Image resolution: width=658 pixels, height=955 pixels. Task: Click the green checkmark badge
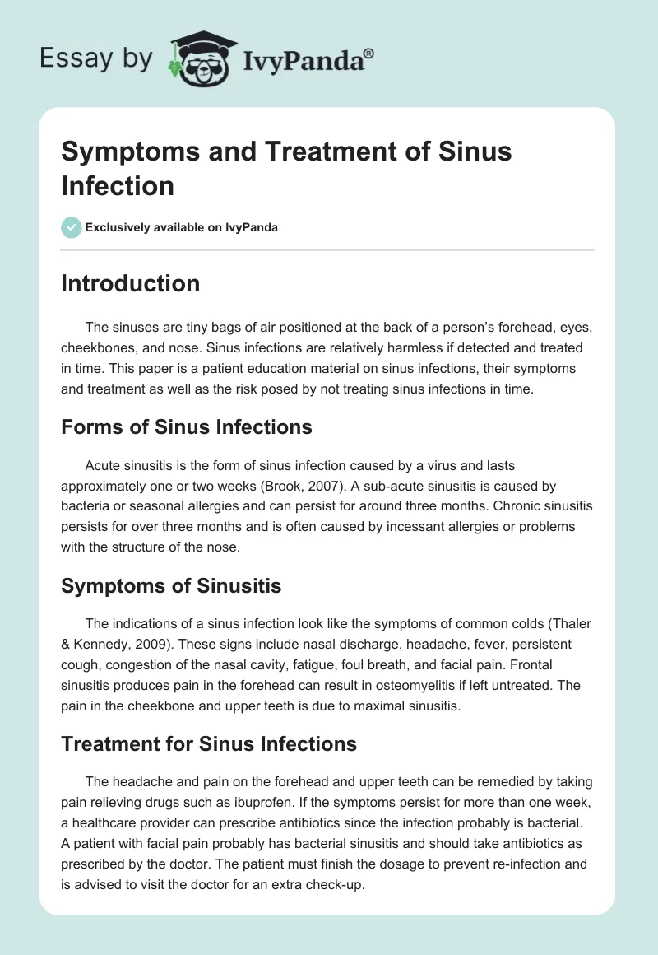point(72,227)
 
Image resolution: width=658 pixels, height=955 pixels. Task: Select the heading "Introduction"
point(131,284)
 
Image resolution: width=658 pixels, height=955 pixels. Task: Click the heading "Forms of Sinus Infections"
point(187,427)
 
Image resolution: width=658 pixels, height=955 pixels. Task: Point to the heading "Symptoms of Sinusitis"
point(171,586)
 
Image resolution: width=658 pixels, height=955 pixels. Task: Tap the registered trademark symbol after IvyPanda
point(369,52)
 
